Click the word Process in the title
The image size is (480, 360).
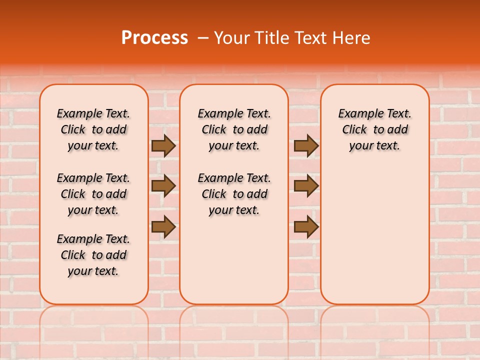coord(154,37)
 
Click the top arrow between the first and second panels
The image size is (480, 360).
coord(163,146)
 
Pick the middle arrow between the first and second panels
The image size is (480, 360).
coord(163,186)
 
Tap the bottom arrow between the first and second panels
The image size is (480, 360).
coord(163,226)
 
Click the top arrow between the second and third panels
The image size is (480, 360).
coord(306,146)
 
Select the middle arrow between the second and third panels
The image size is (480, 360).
coord(306,186)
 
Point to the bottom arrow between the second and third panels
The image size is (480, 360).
coord(306,226)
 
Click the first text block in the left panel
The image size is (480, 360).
coord(93,129)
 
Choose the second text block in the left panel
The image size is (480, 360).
coord(93,194)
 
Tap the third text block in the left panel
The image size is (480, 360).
coord(93,255)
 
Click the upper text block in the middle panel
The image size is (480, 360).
coord(234,129)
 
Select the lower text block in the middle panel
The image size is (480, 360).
coord(234,194)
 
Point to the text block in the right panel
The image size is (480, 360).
coord(374,129)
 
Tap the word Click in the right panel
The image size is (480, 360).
coord(354,130)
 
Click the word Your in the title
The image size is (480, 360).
coord(230,37)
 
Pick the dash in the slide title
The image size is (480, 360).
coord(203,38)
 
